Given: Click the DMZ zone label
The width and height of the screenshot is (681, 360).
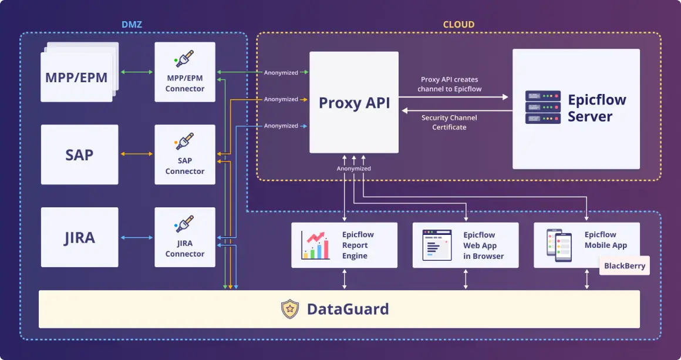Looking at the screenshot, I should tap(132, 25).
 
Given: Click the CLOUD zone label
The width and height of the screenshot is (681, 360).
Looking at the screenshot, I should tap(459, 25).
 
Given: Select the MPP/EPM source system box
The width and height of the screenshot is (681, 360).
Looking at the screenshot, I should tap(76, 77).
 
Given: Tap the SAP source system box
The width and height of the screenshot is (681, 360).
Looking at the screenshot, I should tap(79, 154).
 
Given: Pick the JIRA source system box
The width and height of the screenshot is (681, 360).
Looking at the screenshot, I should tap(79, 237).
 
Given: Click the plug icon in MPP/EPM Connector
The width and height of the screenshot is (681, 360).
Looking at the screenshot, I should tap(184, 59).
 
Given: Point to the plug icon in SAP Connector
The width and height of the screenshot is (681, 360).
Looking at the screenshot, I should tap(184, 141).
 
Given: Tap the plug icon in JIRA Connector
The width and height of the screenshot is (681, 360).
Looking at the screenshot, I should tap(184, 224).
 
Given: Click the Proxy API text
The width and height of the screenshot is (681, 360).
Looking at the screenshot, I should tap(353, 103).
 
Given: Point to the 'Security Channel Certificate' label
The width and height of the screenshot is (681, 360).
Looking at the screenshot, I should tap(449, 122).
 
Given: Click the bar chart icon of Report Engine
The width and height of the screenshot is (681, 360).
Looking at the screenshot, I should tap(315, 245).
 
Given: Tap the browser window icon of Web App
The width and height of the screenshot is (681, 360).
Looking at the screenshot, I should tap(437, 245).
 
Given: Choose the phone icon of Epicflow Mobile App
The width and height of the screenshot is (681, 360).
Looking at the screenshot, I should tap(559, 245).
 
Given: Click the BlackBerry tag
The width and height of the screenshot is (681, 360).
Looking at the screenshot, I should tap(625, 265).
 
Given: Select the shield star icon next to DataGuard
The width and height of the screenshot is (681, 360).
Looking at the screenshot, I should tap(290, 309).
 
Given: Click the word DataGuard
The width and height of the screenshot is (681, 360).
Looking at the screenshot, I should tap(348, 309).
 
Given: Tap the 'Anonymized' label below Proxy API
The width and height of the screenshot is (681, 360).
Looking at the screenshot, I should tap(353, 169).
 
